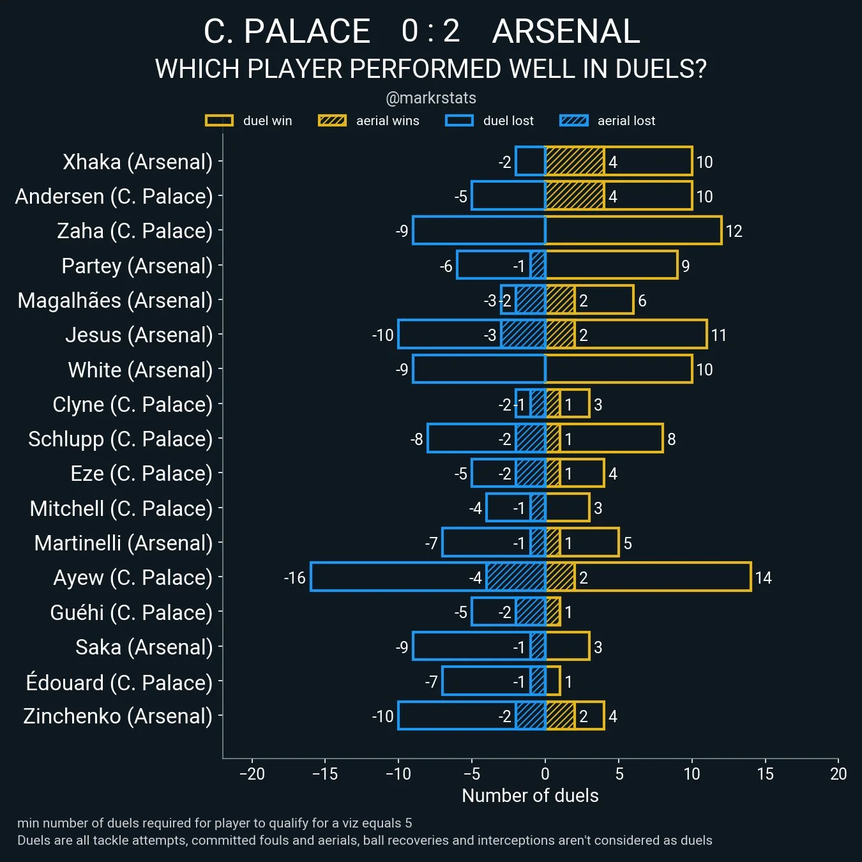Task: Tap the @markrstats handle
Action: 431,98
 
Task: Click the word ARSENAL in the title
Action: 566,31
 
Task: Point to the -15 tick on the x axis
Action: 325,774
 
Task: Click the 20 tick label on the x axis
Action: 838,774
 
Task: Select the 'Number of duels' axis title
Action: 530,796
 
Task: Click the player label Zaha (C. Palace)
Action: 135,231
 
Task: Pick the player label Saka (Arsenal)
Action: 144,647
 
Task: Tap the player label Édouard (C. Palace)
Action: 119,682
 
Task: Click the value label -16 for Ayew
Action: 294,578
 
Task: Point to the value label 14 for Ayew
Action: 763,578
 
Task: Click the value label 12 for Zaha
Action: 734,231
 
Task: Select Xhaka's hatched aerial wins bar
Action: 575,161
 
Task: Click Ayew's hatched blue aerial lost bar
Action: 516,577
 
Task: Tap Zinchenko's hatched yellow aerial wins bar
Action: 560,716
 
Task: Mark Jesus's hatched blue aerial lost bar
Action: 524,335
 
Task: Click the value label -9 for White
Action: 402,370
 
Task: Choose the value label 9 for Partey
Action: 685,266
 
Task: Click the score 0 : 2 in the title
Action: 430,31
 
